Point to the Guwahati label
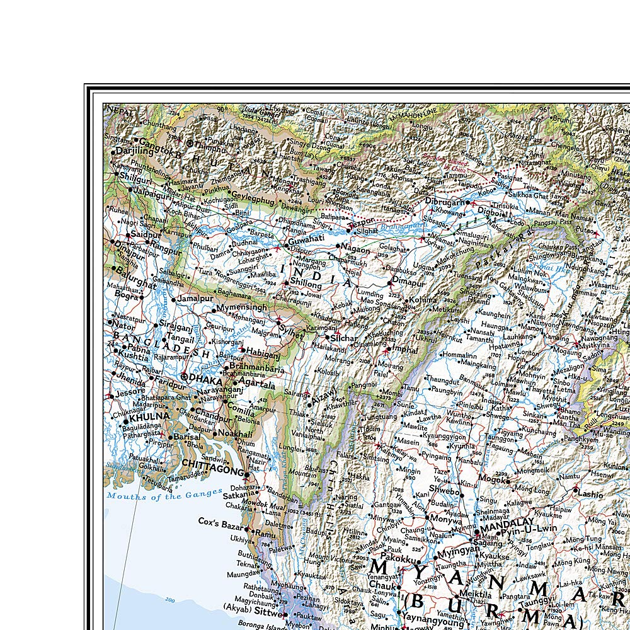[306, 240]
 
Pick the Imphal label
[405, 348]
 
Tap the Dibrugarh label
[449, 203]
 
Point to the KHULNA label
[150, 416]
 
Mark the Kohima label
[422, 301]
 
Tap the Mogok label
[491, 478]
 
